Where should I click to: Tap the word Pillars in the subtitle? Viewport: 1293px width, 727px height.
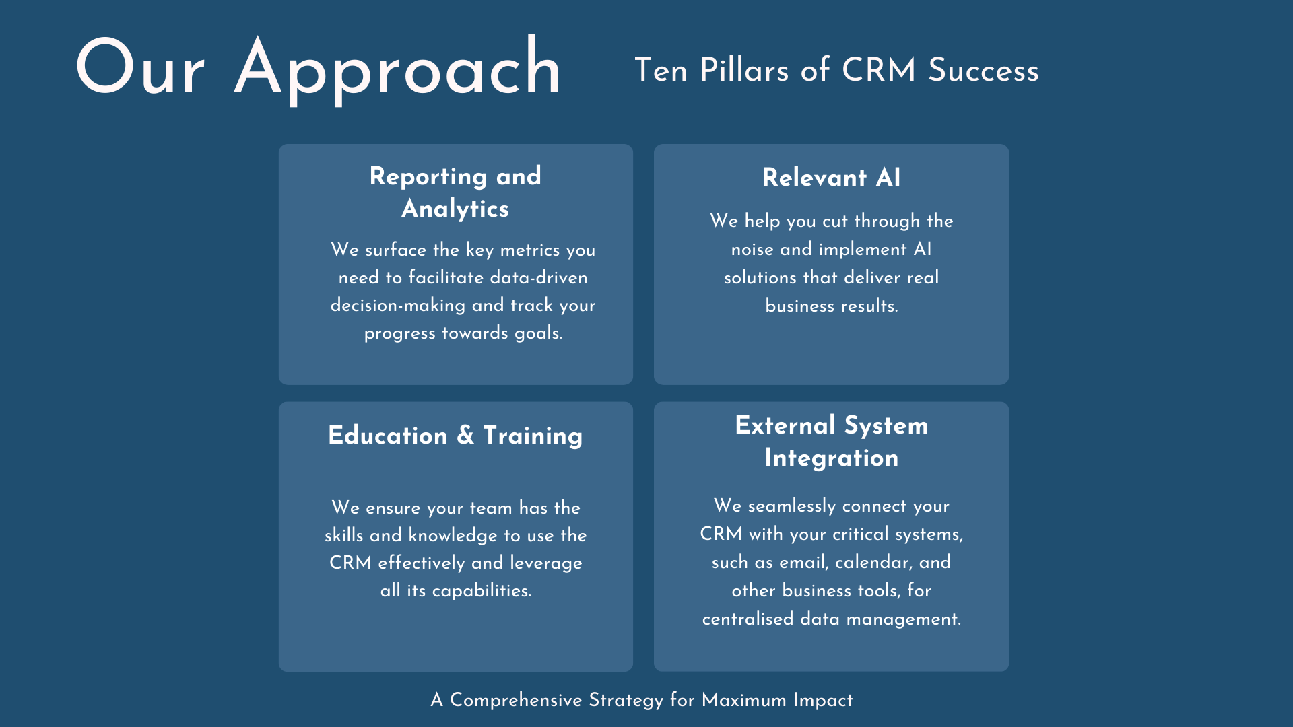744,70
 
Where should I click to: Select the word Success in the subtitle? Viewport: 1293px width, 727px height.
983,70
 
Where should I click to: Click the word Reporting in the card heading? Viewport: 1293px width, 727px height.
428,177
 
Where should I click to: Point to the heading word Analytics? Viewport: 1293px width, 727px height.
455,209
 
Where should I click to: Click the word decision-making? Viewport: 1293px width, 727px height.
398,306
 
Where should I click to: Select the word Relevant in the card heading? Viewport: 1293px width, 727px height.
814,178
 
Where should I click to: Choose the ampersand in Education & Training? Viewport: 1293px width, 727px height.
465,435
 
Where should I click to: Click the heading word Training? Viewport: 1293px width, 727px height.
533,436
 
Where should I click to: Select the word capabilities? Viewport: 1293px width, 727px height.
482,591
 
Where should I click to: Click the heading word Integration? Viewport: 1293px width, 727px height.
831,458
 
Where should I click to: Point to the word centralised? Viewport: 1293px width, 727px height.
748,619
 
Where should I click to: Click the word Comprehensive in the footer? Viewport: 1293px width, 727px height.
516,701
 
